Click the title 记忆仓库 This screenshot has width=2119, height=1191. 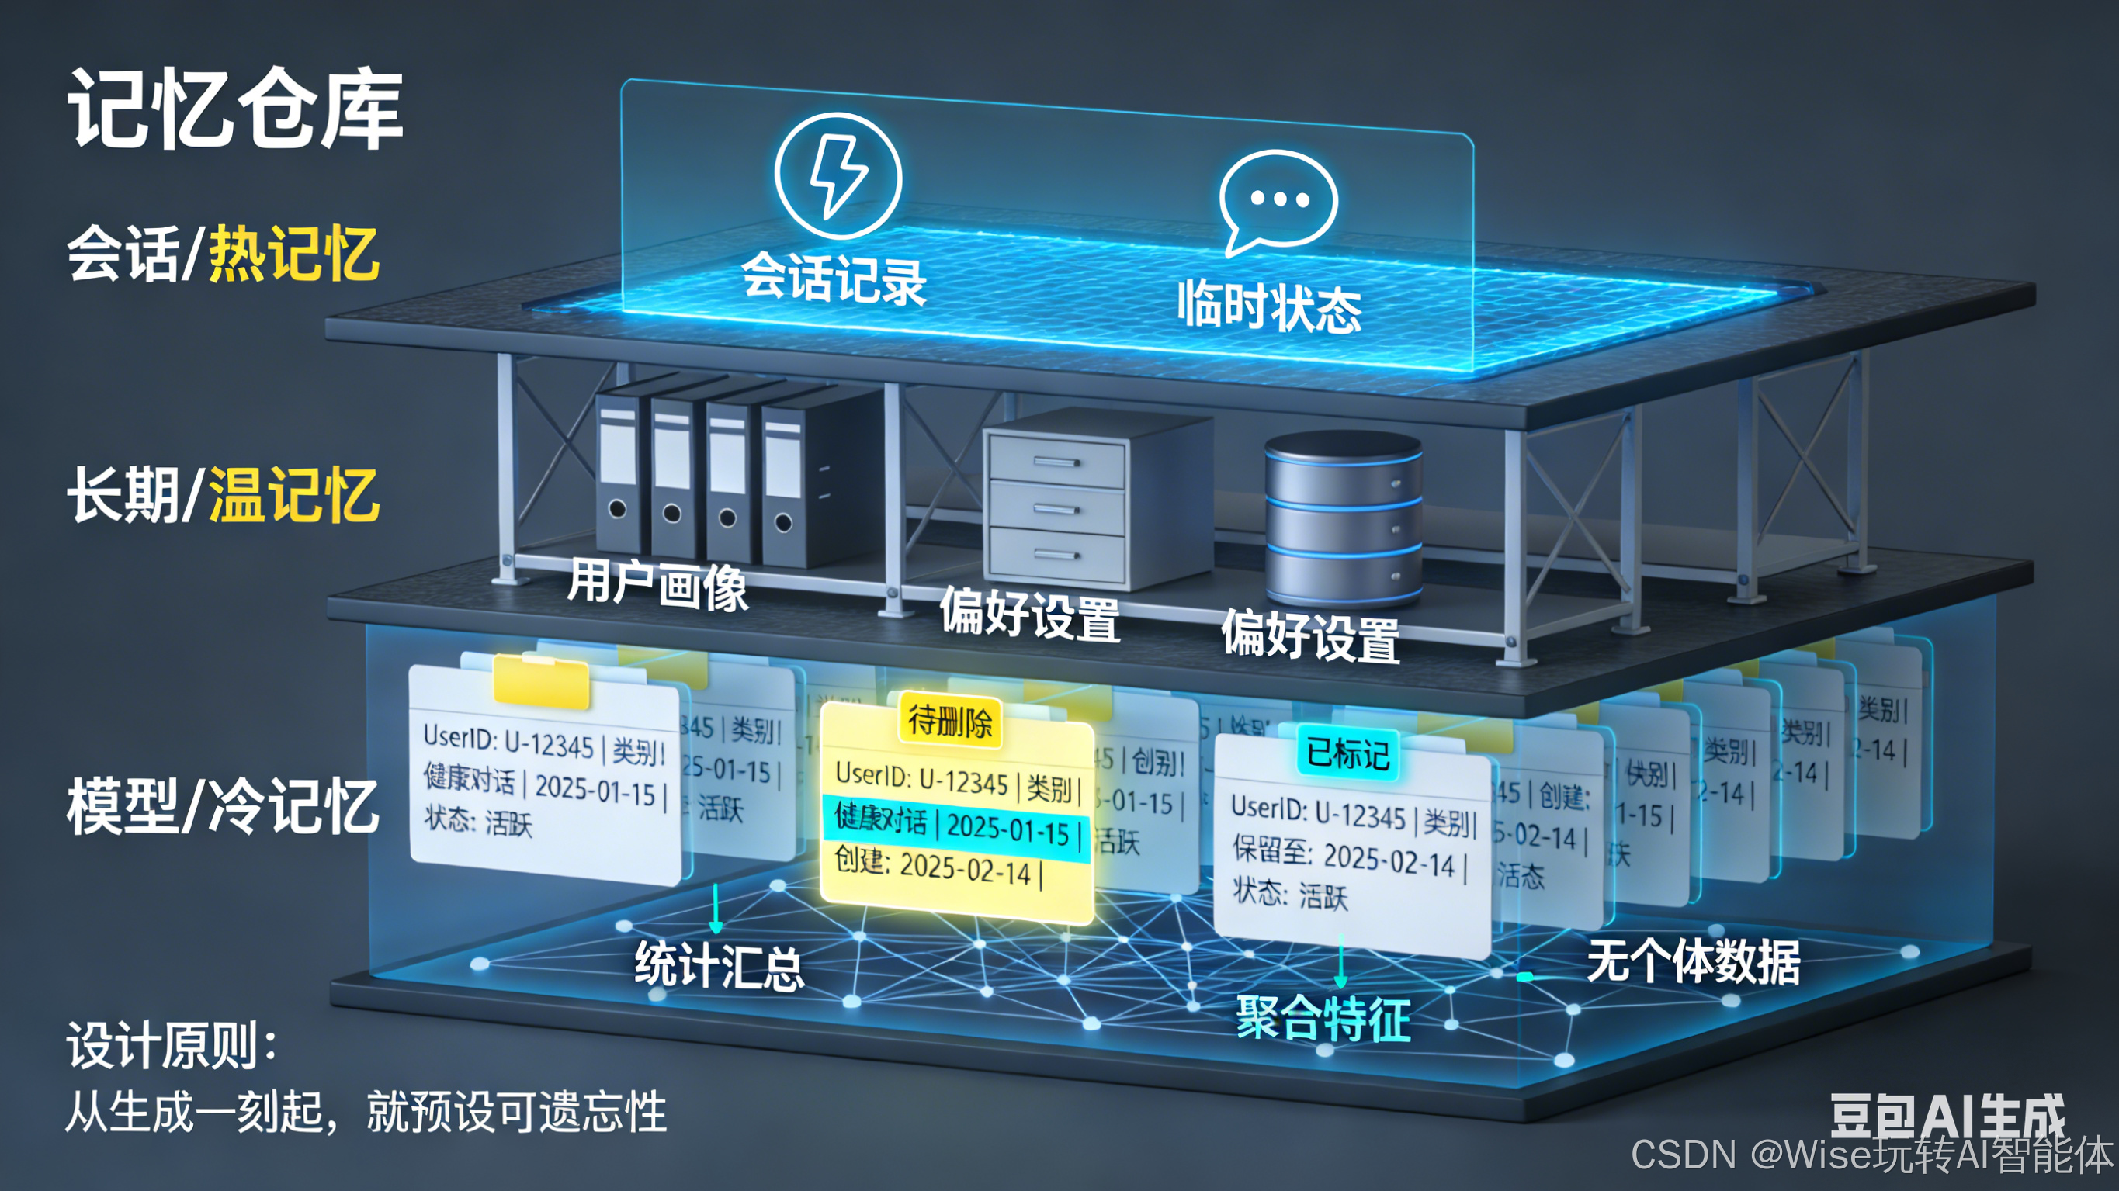tap(235, 109)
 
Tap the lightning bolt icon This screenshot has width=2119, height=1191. tap(838, 176)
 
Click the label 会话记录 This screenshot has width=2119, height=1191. tap(834, 279)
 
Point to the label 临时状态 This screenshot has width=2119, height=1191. tap(1269, 306)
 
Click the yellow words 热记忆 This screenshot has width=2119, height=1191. tap(293, 254)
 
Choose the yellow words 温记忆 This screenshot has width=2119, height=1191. tap(293, 495)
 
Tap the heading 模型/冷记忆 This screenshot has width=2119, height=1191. tap(222, 806)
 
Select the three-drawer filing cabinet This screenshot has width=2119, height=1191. tap(1057, 504)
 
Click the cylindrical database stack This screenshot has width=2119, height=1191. tap(1343, 518)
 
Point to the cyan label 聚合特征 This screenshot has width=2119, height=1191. tap(1323, 1017)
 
